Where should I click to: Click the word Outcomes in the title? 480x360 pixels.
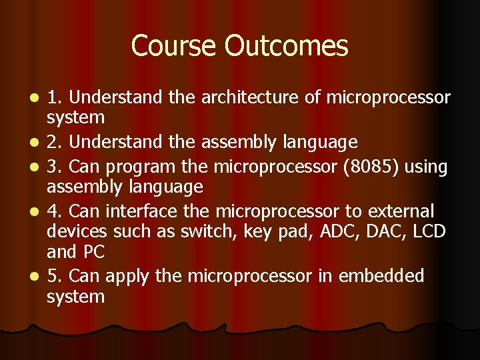tap(287, 46)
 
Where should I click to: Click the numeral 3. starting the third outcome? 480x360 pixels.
tap(55, 167)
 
